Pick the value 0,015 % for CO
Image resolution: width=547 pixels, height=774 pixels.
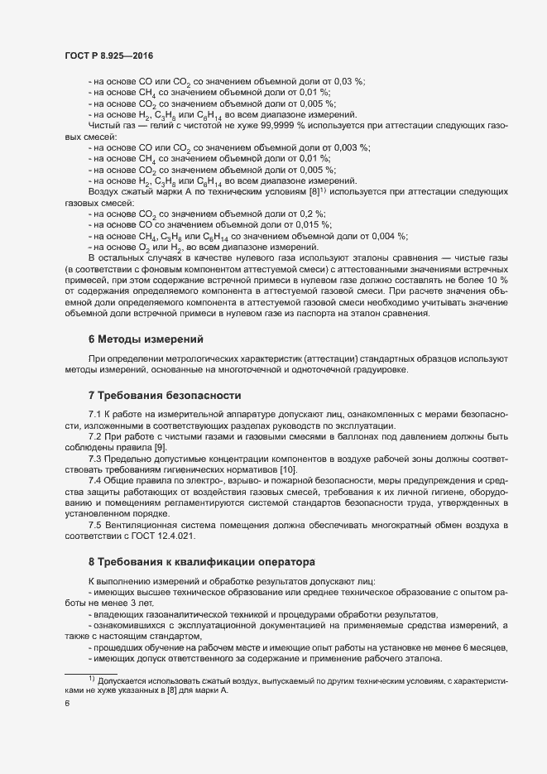pos(314,224)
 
